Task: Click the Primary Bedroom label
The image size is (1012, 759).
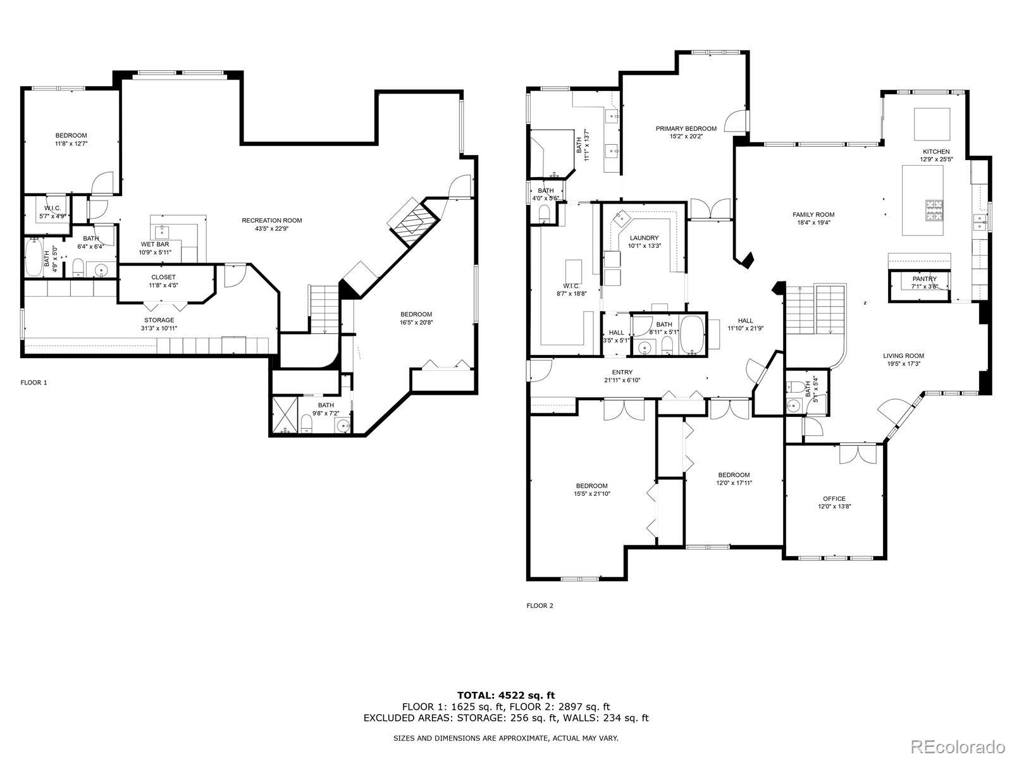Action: pos(686,128)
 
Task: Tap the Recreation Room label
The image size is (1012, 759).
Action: pos(272,220)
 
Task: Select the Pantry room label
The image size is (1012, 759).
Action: pos(925,279)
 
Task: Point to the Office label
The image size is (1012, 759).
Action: pos(834,498)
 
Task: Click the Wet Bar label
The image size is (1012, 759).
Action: pos(155,244)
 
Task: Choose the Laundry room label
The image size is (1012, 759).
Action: pos(644,238)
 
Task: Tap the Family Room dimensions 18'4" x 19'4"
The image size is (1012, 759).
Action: pos(813,223)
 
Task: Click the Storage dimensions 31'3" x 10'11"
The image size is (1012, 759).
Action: pos(159,328)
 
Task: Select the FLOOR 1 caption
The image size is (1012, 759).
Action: pos(34,383)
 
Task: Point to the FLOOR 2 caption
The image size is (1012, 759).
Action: pos(540,605)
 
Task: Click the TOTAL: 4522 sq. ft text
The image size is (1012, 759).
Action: pos(506,695)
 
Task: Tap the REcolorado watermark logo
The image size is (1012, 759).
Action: pos(961,746)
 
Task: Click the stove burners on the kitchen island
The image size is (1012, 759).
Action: pos(934,210)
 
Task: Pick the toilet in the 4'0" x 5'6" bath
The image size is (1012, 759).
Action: pos(544,213)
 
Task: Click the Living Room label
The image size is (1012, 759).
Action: pos(903,355)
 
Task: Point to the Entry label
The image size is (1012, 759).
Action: pos(622,373)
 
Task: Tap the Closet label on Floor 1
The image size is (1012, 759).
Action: pos(163,277)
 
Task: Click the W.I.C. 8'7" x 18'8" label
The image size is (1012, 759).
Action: pos(571,290)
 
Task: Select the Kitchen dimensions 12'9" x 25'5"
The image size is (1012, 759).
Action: pos(936,159)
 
